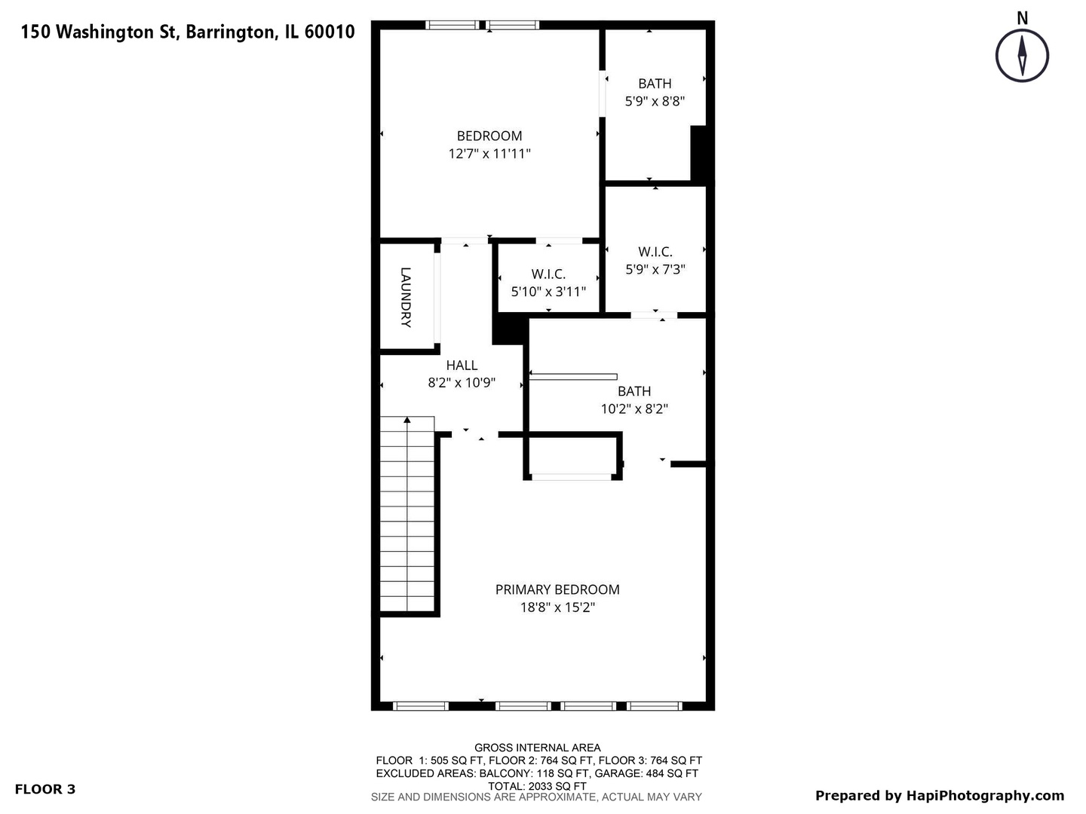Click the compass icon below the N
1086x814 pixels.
(1022, 55)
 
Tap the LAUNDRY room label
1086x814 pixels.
(406, 297)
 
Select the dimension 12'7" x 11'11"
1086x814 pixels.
(489, 154)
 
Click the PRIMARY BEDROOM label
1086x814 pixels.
(557, 589)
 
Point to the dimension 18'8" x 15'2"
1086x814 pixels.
(557, 607)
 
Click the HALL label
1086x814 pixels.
(462, 366)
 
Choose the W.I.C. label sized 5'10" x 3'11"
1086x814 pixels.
(548, 274)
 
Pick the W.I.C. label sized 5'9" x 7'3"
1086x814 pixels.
(655, 252)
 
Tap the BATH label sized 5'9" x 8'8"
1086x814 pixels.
(655, 84)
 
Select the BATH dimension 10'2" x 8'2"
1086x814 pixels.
(634, 409)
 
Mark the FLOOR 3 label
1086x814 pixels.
(45, 789)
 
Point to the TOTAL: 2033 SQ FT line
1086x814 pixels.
(537, 785)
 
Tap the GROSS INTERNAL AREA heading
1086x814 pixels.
(538, 748)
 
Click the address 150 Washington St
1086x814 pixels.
(98, 32)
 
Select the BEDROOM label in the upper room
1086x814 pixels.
(489, 136)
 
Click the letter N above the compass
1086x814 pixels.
(1023, 18)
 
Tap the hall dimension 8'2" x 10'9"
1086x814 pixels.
(462, 383)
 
